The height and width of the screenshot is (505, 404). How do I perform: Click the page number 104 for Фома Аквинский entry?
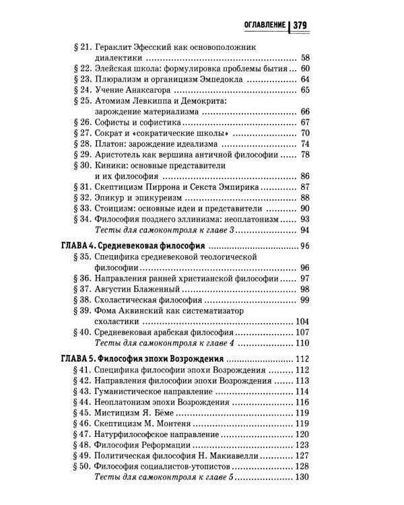pos(302,321)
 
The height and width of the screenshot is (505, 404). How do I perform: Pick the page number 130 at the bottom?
pos(301,477)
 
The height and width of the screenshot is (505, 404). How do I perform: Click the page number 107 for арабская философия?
pos(302,332)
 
